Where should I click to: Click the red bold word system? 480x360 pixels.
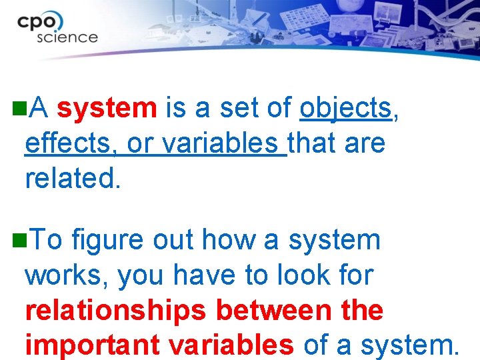[107, 107]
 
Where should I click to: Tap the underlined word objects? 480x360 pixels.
[346, 108]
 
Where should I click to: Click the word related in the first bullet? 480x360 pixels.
[73, 178]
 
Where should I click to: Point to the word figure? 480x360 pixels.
[107, 241]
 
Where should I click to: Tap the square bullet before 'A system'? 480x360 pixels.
[19, 106]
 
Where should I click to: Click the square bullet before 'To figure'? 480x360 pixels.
[19, 238]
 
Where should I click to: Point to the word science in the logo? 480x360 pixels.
[67, 37]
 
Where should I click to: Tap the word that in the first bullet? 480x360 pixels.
[313, 143]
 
